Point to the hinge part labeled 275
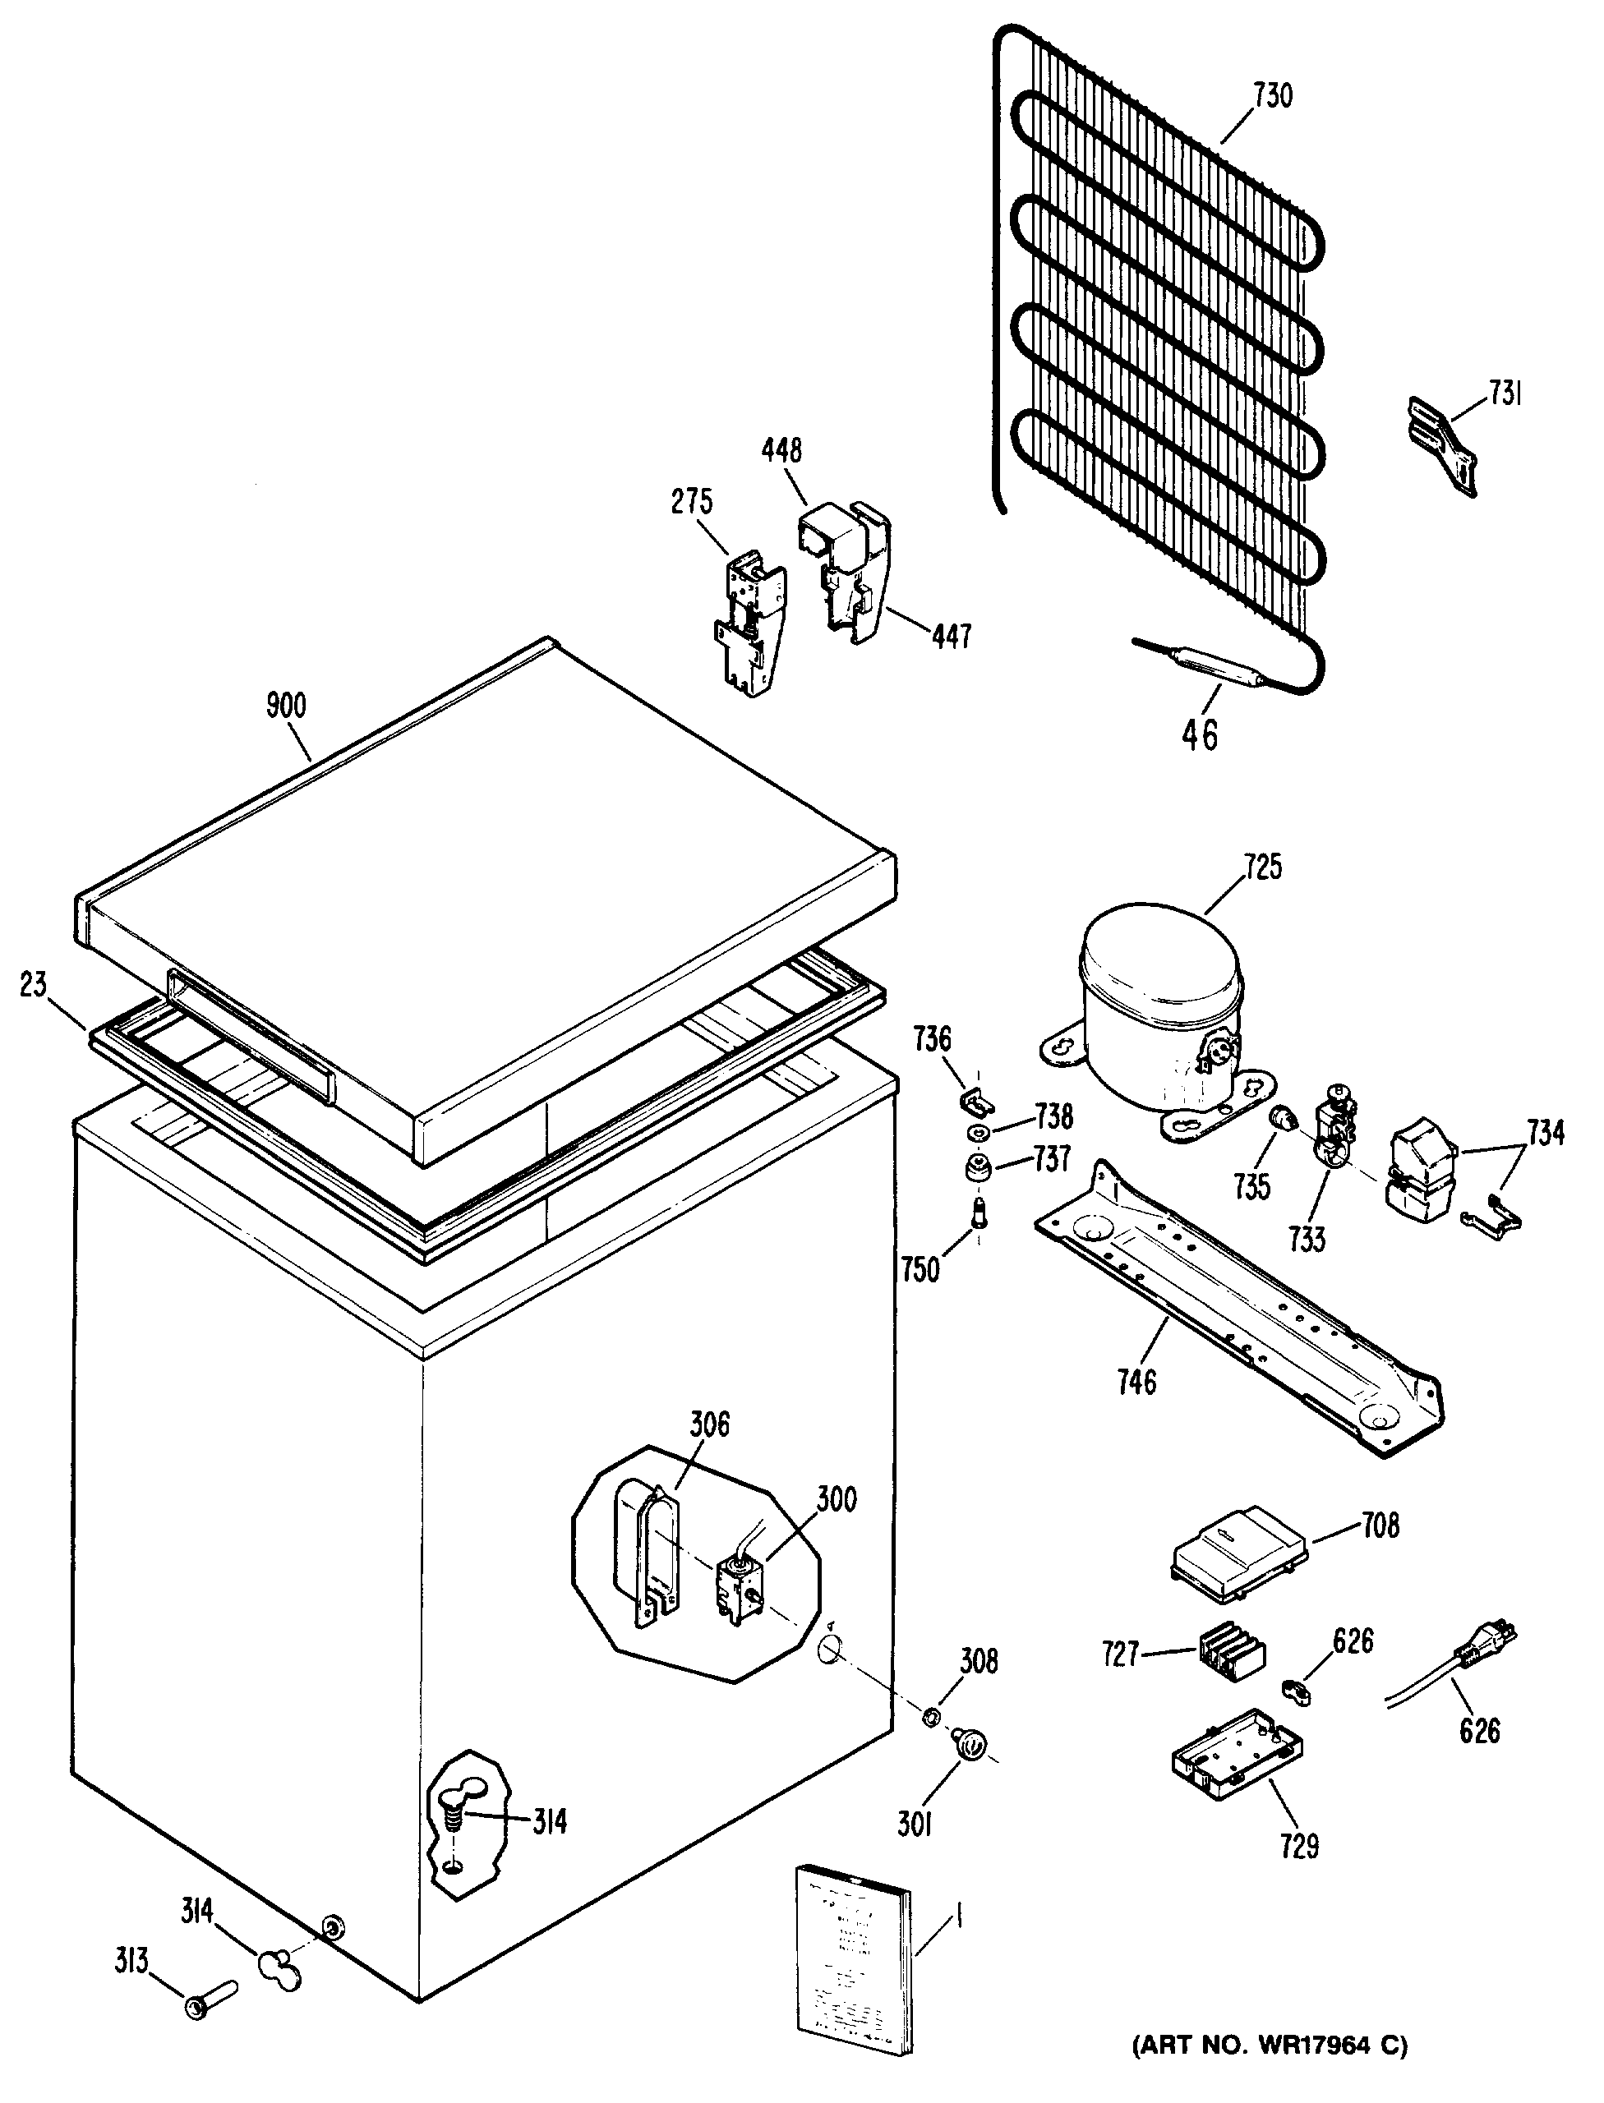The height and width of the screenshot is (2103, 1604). click(x=749, y=620)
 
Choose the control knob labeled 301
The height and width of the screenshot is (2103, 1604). click(x=970, y=1745)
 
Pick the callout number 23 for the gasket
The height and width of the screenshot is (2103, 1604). click(x=34, y=984)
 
